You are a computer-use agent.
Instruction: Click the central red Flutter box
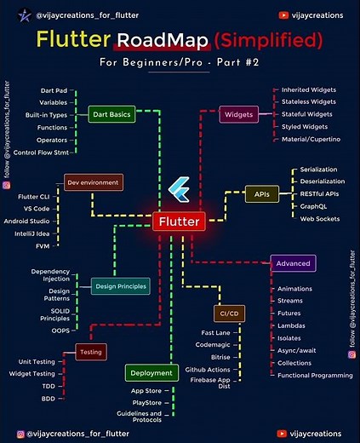coord(180,221)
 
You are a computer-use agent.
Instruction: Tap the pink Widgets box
coord(240,114)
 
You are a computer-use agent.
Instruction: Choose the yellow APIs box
coord(262,193)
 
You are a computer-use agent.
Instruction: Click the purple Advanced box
coord(293,262)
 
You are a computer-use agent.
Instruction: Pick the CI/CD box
coord(230,314)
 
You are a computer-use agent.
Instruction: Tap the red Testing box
coord(90,351)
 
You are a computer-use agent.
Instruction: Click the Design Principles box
coord(121,287)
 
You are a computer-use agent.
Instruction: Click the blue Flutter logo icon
coord(180,188)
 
